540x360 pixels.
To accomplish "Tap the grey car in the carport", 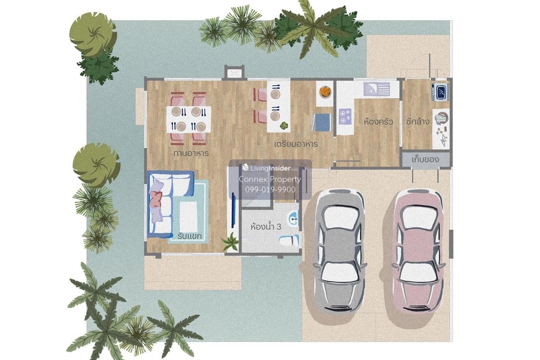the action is (340, 251).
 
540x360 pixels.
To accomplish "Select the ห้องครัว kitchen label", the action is (378, 121).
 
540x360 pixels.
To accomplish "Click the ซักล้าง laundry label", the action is (418, 121).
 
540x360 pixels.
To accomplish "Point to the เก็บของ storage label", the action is (425, 159).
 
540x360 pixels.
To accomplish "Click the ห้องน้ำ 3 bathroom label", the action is (265, 227).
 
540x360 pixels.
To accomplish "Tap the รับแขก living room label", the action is (189, 236).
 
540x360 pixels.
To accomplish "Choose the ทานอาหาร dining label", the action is (191, 153).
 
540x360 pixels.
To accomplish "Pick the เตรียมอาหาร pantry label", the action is (296, 144).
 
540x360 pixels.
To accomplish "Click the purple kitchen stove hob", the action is (345, 117).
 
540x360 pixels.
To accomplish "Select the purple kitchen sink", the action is (377, 89).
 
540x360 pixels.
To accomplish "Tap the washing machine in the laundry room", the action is (440, 92).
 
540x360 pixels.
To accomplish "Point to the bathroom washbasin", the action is (293, 219).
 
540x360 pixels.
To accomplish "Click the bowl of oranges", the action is (325, 92).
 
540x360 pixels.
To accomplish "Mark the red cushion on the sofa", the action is (156, 199).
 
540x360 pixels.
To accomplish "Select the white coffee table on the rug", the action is (188, 217).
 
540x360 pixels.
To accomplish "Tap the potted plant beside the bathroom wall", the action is (230, 242).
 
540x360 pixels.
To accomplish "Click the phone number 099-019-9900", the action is (270, 189).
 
